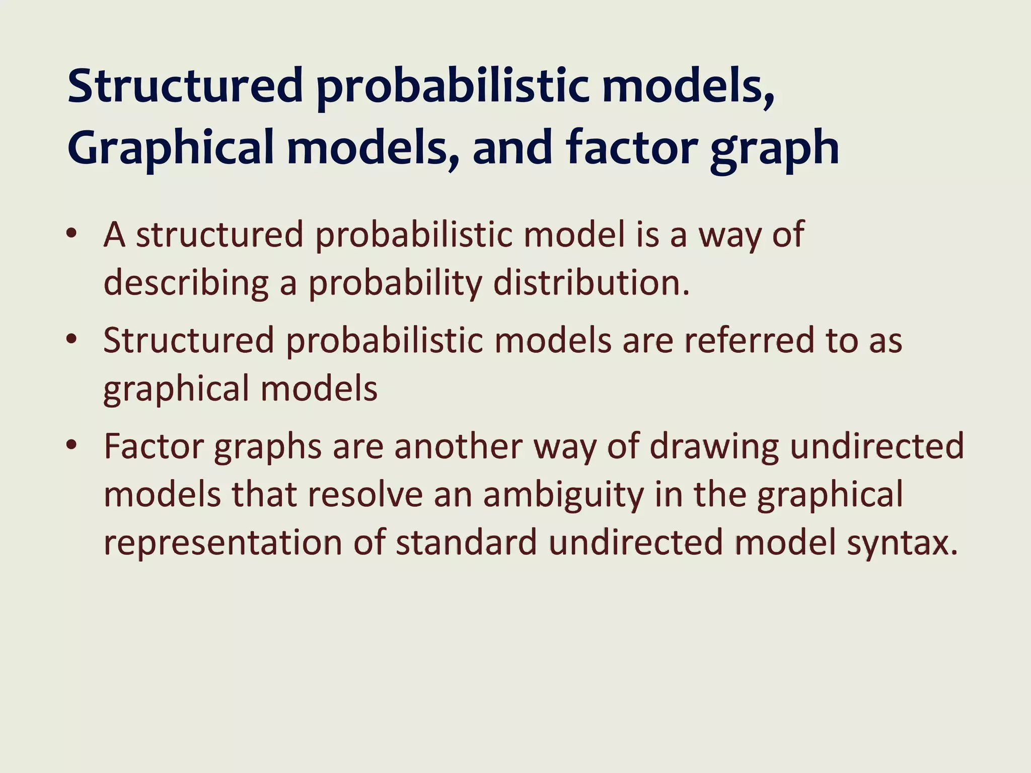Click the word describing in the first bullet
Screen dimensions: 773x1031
point(186,283)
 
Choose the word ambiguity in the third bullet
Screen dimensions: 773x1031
point(563,495)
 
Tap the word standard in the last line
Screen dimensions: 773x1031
point(466,543)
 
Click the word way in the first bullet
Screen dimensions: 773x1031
point(729,236)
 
